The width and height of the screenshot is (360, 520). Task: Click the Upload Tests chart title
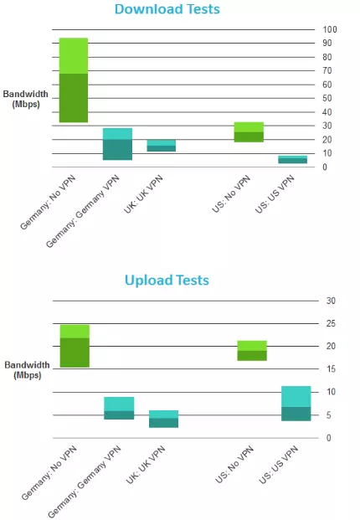[x=167, y=280]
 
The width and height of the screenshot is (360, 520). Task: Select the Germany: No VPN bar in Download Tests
[x=74, y=80]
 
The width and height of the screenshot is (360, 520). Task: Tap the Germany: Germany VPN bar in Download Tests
[x=117, y=144]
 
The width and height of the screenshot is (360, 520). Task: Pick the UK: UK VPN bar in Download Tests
[x=162, y=146]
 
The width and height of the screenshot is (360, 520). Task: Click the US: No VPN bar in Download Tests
[x=249, y=132]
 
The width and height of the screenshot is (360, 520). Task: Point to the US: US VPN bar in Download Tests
[x=292, y=159]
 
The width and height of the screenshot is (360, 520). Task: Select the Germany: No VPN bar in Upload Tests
[x=74, y=346]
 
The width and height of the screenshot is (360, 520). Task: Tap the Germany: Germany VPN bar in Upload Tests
[x=119, y=408]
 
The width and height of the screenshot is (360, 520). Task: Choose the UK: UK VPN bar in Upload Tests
[x=163, y=419]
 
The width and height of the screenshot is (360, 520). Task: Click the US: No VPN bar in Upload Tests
[x=251, y=350]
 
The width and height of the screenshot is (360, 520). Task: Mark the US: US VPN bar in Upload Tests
[x=296, y=403]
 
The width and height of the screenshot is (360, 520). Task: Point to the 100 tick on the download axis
[x=331, y=29]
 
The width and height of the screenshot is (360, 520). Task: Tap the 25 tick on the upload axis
[x=330, y=323]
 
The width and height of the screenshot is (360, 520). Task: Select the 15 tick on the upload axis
[x=330, y=369]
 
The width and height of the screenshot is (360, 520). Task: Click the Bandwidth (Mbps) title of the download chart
[x=27, y=99]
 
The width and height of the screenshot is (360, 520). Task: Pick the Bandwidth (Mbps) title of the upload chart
[x=27, y=370]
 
